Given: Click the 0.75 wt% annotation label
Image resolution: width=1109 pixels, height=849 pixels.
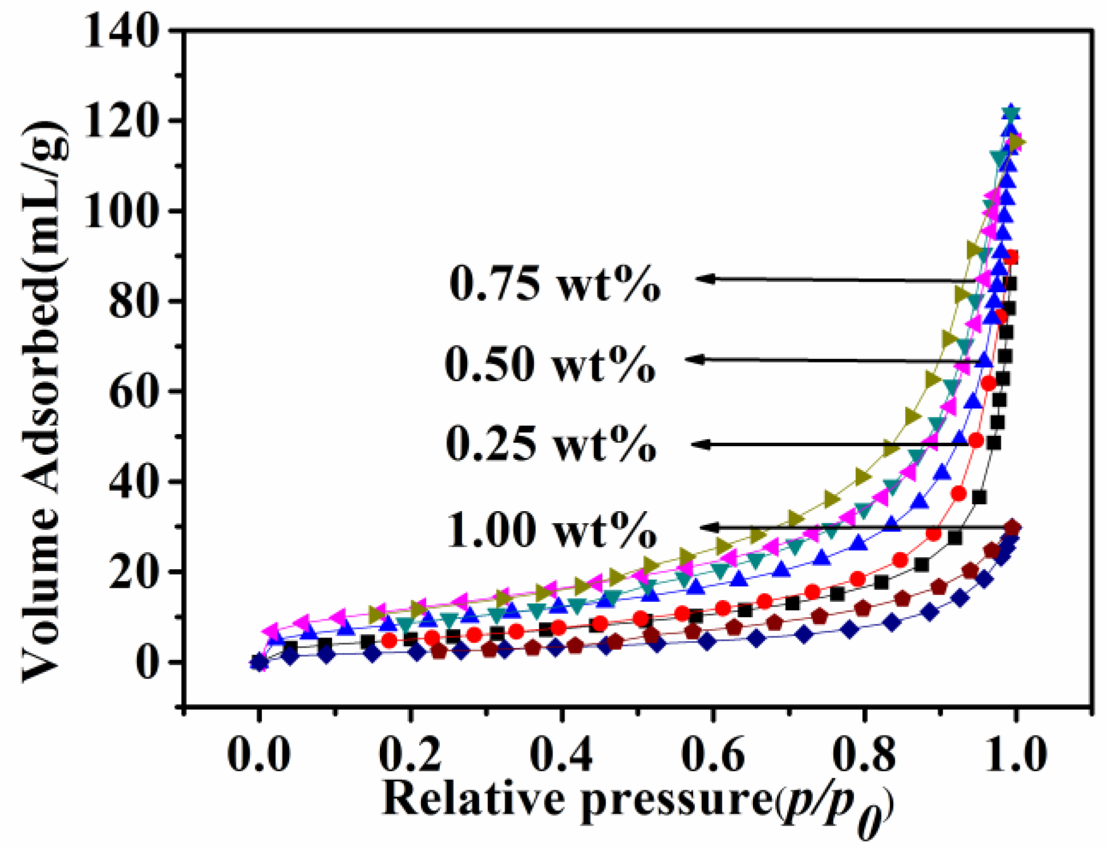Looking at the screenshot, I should coord(555,283).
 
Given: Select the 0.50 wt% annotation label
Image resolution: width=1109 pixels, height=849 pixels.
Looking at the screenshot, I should coord(550,364).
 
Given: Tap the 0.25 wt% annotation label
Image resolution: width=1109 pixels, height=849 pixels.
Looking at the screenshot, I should coord(551,444).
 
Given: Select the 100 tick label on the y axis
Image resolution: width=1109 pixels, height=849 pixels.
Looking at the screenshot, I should coord(120,211).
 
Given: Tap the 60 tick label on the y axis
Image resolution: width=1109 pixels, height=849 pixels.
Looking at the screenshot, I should coord(133,392).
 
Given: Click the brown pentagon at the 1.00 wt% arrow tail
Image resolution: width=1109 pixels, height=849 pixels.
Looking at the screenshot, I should coord(1012,528).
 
